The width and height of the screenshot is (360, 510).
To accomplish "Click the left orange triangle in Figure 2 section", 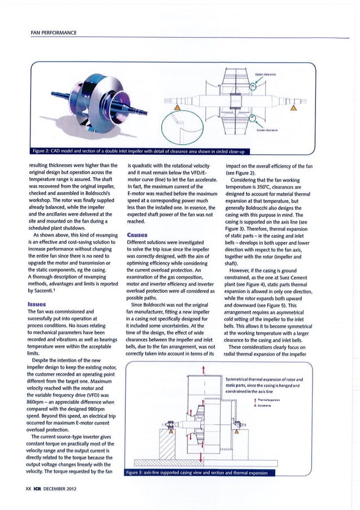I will pos(178,108).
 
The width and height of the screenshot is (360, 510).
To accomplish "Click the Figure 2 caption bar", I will pos(142,151).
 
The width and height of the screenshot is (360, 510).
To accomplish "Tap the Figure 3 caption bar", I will pos(191,473).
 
